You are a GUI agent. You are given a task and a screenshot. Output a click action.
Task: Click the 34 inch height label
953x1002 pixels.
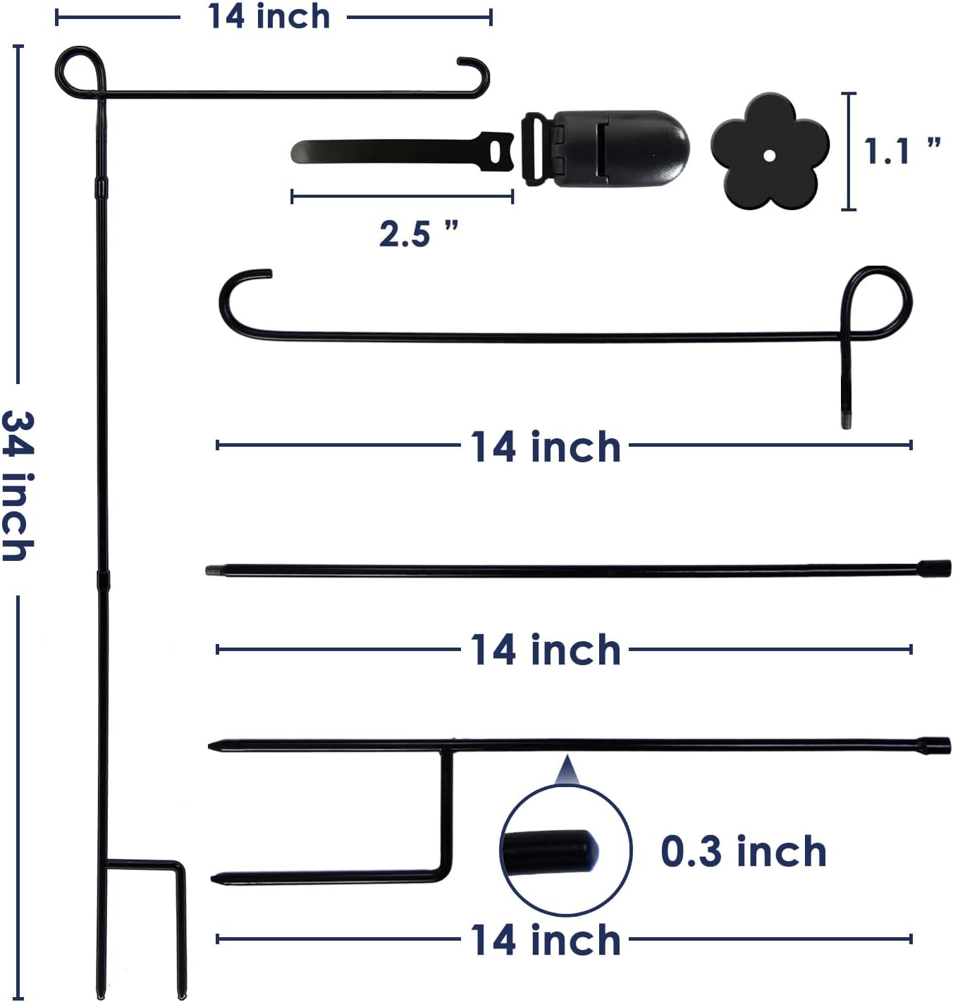pyautogui.click(x=18, y=487)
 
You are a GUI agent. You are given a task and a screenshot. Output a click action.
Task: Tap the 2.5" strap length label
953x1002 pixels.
pyautogui.click(x=418, y=233)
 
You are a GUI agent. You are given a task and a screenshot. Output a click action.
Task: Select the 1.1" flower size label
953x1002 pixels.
pyautogui.click(x=902, y=151)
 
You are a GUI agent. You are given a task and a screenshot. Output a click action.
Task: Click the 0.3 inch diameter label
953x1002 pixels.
pyautogui.click(x=743, y=851)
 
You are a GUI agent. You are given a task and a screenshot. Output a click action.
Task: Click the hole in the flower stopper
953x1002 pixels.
pyautogui.click(x=769, y=155)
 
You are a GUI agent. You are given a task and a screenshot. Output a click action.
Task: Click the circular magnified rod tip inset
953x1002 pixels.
pyautogui.click(x=565, y=850)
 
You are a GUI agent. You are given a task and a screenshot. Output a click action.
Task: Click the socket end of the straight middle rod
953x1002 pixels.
pyautogui.click(x=934, y=568)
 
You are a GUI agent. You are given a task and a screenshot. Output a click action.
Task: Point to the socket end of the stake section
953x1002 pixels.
pyautogui.click(x=934, y=745)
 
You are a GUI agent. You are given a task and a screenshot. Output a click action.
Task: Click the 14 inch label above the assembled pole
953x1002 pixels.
pyautogui.click(x=269, y=16)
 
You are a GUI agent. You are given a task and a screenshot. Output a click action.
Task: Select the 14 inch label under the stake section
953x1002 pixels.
pyautogui.click(x=545, y=941)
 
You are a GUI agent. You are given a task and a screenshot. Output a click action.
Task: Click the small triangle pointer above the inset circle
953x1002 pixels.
pyautogui.click(x=566, y=772)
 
